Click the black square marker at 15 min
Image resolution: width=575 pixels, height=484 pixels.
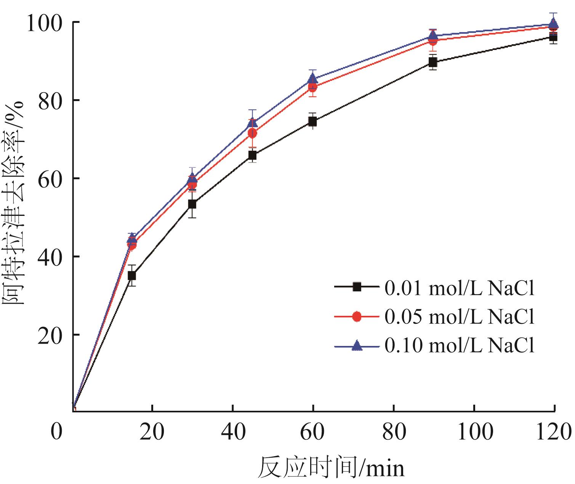coord(132,275)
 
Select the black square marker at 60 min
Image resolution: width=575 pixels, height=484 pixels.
coord(312,122)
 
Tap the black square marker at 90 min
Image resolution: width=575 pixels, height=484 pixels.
coord(433,63)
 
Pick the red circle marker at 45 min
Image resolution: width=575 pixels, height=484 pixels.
coord(252,133)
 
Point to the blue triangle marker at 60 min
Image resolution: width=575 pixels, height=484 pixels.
coord(312,79)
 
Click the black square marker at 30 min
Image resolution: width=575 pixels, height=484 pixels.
coord(192,204)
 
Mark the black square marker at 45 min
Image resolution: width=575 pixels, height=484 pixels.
coord(252,155)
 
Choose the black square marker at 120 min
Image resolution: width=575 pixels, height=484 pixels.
coord(553,37)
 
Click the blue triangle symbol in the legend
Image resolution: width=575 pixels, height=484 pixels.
coord(357,346)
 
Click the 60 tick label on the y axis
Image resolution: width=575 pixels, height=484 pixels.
coord(50,178)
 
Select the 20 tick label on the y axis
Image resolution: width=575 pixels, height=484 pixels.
coord(50,335)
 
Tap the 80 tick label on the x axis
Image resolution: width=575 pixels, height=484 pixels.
coord(394,432)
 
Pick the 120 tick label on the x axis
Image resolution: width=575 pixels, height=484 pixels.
coord(553,432)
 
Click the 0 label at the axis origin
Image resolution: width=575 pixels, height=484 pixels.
coord(57,432)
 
